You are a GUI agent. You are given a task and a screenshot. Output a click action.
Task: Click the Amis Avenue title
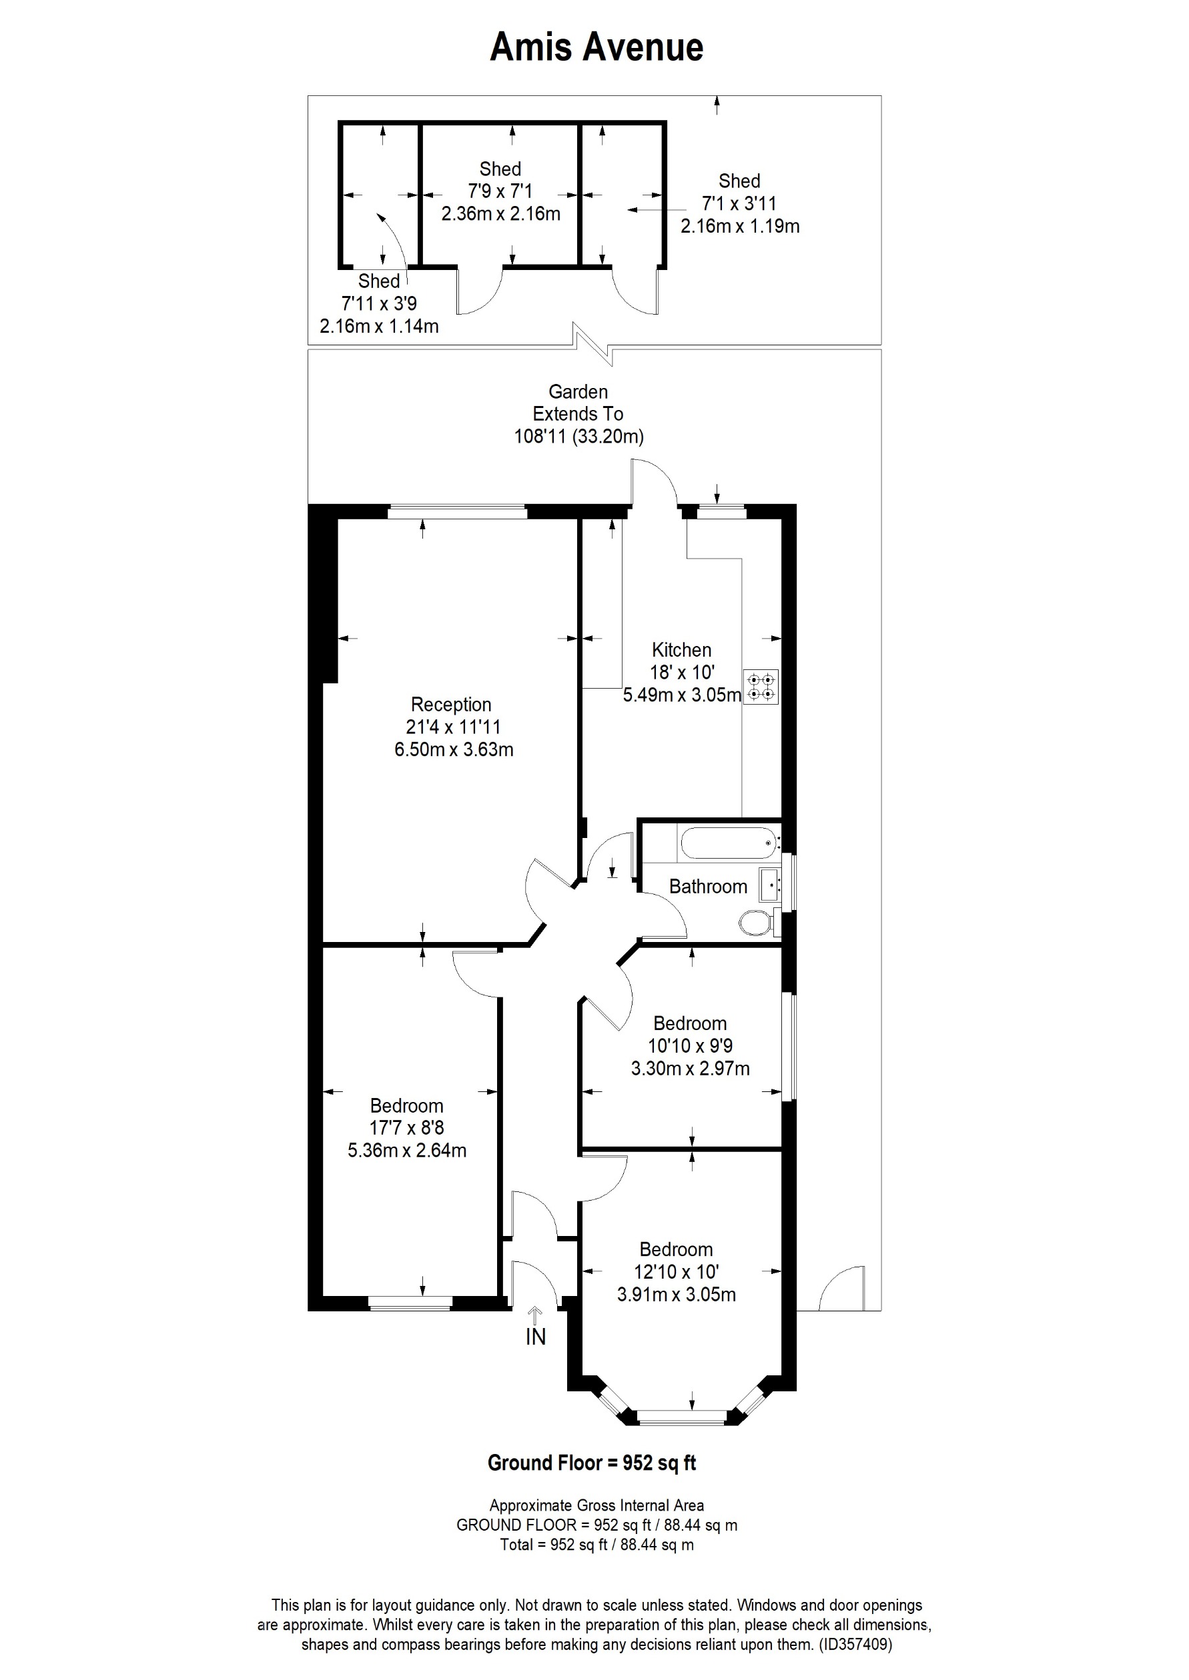[596, 47]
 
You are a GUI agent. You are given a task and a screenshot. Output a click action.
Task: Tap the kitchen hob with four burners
[761, 687]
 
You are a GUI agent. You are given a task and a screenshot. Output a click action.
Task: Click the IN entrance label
[535, 1337]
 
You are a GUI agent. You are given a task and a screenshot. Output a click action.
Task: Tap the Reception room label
[451, 705]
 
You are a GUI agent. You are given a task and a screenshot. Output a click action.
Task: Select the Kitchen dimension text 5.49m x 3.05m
[682, 695]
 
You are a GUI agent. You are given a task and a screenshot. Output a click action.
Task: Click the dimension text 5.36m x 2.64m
[407, 1150]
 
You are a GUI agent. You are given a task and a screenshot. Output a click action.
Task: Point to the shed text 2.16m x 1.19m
[739, 226]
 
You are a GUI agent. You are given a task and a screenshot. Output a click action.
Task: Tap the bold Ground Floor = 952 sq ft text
[592, 1463]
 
